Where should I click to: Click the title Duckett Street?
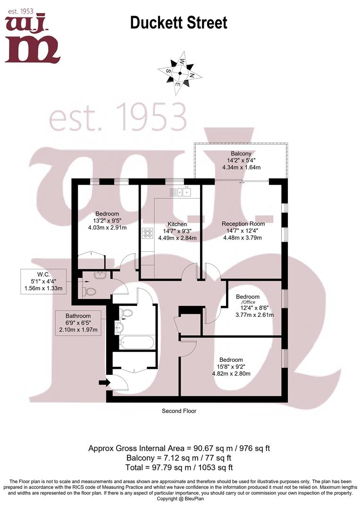click(178, 22)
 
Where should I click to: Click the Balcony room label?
click(241, 153)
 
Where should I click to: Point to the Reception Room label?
click(243, 223)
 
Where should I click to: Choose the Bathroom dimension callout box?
click(78, 323)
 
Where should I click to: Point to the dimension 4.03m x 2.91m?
click(107, 227)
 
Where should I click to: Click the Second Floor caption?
click(179, 411)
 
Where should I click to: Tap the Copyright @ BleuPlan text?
click(179, 499)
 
